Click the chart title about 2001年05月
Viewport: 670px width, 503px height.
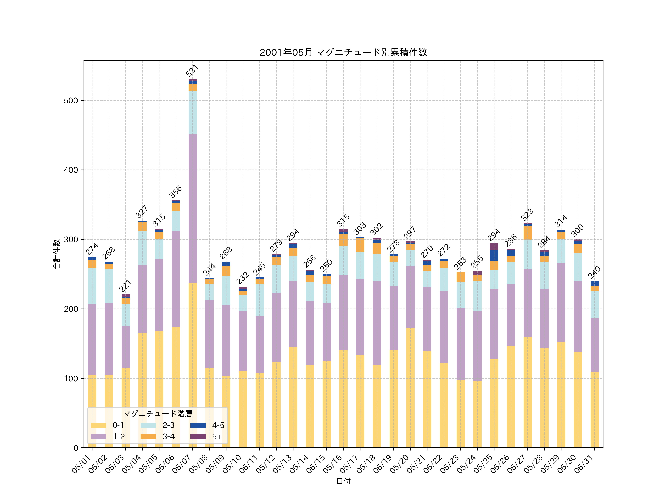(343, 53)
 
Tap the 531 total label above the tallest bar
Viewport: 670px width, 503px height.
(192, 70)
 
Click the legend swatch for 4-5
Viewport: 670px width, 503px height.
(198, 425)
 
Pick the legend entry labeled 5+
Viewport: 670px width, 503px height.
(217, 437)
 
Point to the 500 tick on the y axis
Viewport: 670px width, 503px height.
(71, 101)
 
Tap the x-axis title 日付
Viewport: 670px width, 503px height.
(343, 481)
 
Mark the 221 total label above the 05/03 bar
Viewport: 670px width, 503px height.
(125, 286)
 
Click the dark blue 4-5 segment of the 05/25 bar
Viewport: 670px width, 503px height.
(494, 255)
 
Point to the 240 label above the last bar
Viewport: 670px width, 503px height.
(594, 272)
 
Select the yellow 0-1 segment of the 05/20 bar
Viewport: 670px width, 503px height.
(410, 388)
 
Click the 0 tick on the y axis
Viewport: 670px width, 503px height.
(76, 448)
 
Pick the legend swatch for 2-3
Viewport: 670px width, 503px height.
(148, 425)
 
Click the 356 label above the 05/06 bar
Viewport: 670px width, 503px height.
(175, 192)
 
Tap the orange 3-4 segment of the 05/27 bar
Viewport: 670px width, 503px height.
(528, 233)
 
